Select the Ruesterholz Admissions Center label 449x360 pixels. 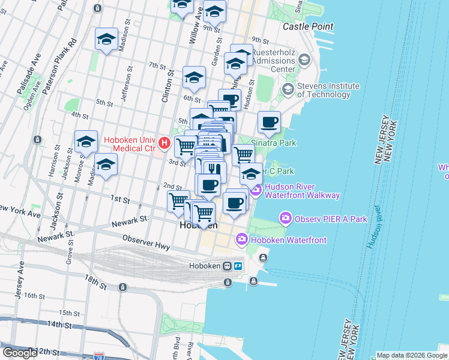click(x=273, y=61)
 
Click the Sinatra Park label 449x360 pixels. click(x=273, y=144)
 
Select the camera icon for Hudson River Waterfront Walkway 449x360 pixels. click(x=256, y=191)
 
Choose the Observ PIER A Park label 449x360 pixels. click(x=330, y=219)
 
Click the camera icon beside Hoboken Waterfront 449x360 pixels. click(x=242, y=239)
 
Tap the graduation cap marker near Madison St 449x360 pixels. click(x=106, y=40)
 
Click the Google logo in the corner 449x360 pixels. click(x=20, y=353)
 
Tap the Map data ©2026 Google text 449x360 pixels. click(x=412, y=355)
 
